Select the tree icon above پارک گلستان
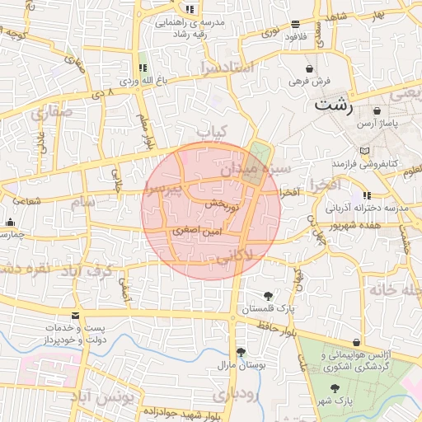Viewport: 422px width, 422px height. tap(268, 295)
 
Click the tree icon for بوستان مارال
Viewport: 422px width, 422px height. tap(240, 352)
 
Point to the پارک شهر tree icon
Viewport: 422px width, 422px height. tap(335, 387)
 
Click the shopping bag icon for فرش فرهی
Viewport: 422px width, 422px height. tap(309, 68)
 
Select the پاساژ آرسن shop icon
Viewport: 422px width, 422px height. tap(377, 110)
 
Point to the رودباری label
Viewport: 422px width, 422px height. tap(235, 395)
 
